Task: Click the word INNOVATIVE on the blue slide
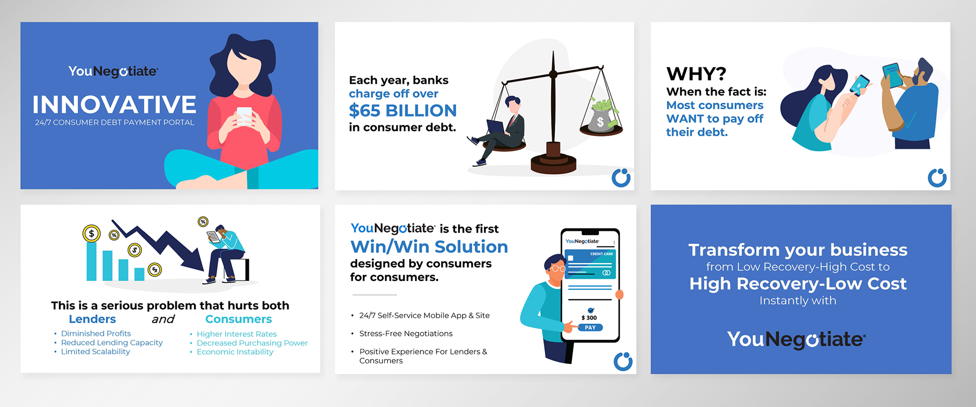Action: point(114,105)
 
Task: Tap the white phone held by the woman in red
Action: point(245,116)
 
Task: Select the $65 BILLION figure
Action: point(403,110)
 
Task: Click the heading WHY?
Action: point(696,74)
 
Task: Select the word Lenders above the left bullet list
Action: point(93,319)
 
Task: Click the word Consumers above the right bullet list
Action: point(238,319)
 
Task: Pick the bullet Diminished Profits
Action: point(96,333)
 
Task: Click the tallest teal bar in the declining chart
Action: point(91,262)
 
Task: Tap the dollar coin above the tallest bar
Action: point(91,234)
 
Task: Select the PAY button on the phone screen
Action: point(590,328)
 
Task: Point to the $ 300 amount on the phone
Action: point(589,318)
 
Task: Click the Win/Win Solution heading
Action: point(429,247)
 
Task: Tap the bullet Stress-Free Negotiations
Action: point(406,333)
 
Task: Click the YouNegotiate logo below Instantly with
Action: point(797,339)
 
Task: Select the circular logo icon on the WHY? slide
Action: point(937,177)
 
